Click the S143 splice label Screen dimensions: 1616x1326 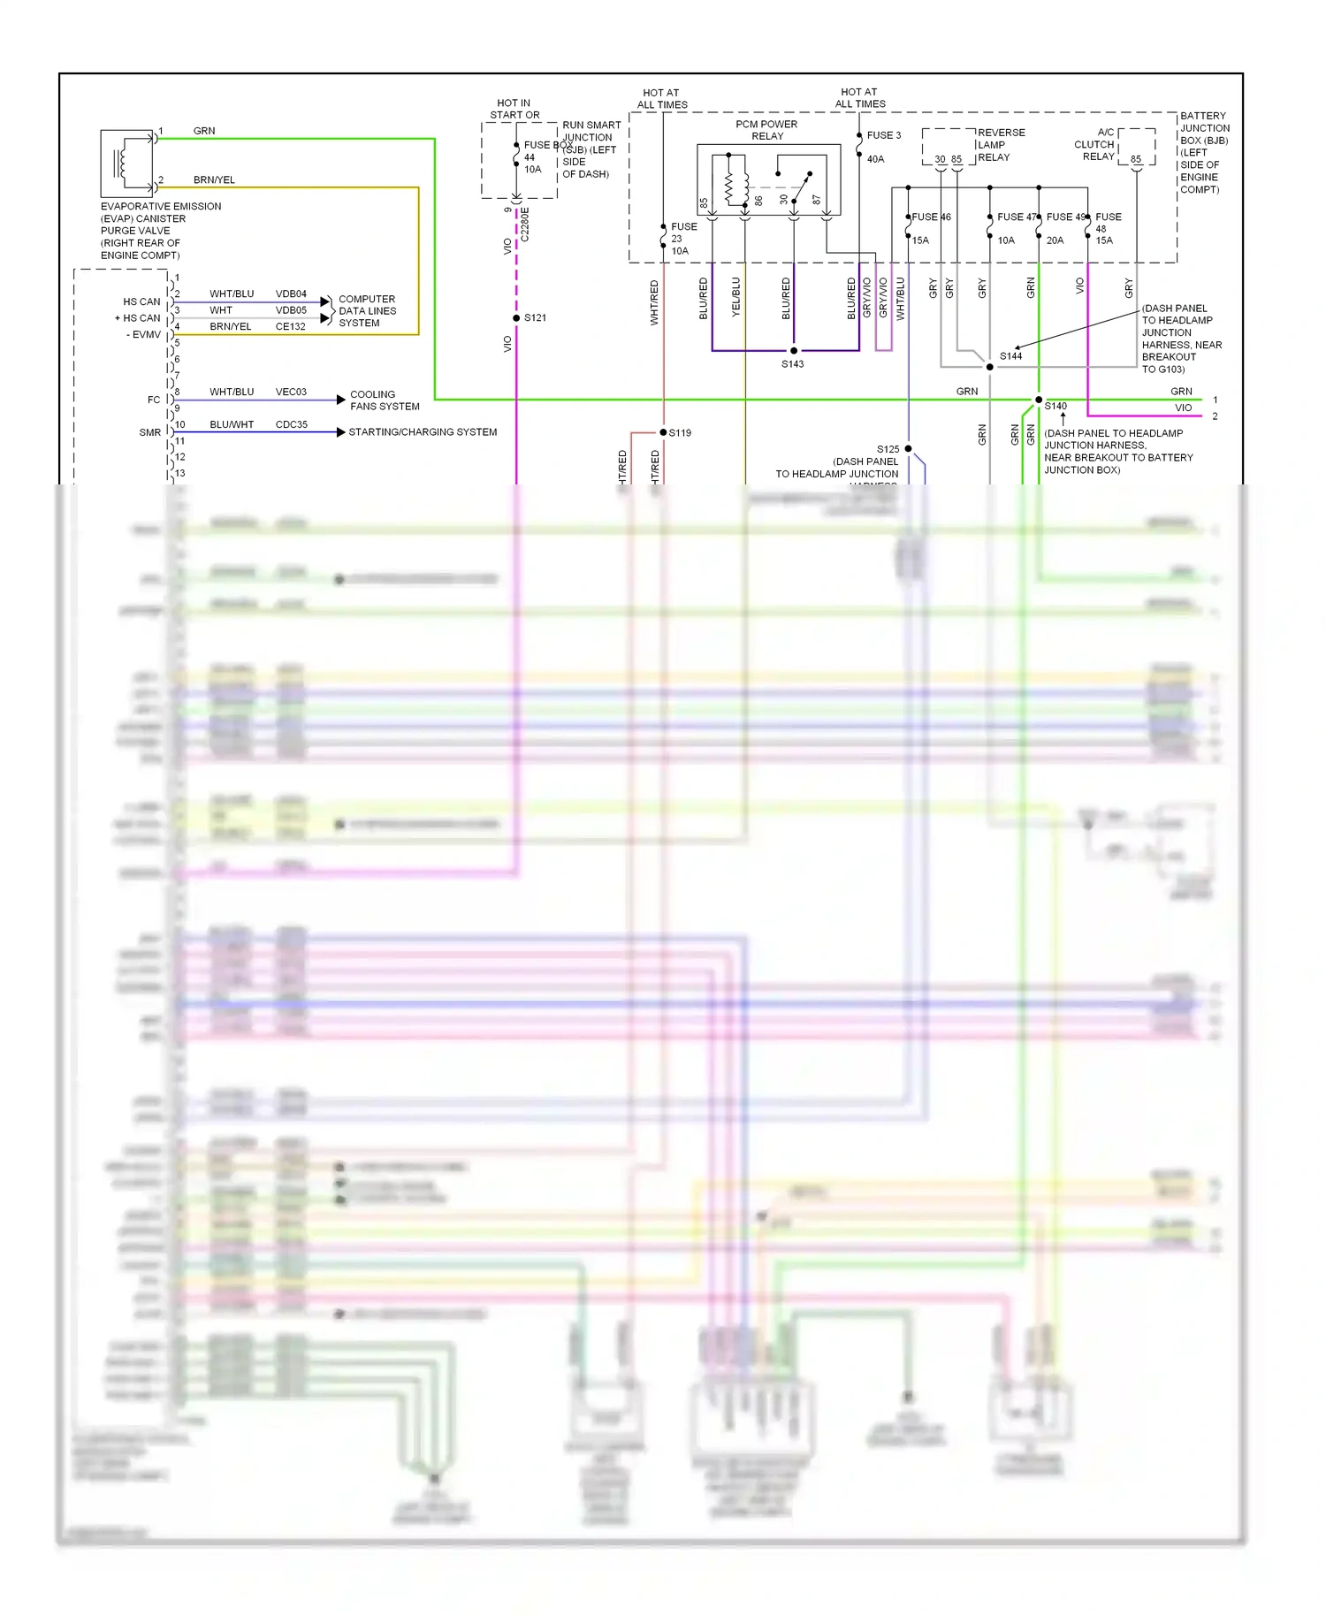[x=792, y=364]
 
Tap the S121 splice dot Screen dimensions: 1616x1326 [x=516, y=318]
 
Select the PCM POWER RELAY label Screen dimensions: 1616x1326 [x=766, y=130]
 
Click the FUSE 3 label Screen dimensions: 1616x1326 [x=883, y=135]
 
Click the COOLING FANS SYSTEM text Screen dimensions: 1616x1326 [x=385, y=400]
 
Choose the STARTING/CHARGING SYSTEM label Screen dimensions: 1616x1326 [x=423, y=432]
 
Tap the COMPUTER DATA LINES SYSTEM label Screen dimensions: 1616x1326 [x=367, y=311]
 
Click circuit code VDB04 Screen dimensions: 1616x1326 [x=291, y=294]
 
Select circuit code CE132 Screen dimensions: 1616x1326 [x=290, y=327]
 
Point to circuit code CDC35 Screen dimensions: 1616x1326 [x=291, y=425]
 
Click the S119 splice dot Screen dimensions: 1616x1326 [x=663, y=432]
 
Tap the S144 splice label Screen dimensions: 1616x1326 [x=1010, y=356]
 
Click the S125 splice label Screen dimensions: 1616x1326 [x=888, y=450]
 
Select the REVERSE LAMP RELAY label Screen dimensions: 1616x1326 [x=1001, y=145]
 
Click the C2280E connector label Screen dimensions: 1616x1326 [x=524, y=225]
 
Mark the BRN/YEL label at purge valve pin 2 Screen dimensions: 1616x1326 [x=214, y=180]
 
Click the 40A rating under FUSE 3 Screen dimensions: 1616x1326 [x=875, y=159]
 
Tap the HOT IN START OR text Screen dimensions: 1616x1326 [x=514, y=110]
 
